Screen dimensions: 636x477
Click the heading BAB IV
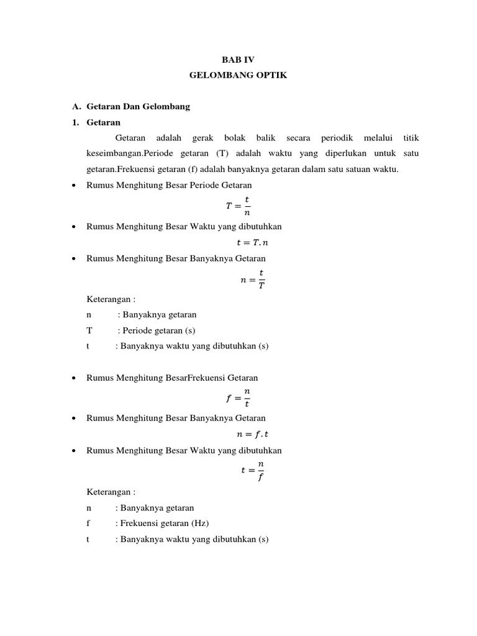coord(238,59)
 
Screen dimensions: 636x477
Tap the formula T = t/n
coord(238,206)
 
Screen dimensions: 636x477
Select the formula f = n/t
coord(238,397)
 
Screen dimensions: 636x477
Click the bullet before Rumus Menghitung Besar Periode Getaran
coord(75,186)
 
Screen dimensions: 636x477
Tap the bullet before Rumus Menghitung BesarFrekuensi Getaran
coord(75,378)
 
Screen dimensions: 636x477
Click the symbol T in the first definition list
coord(89,330)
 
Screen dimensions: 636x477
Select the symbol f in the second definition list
coord(89,523)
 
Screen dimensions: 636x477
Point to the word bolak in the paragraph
coord(235,137)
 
